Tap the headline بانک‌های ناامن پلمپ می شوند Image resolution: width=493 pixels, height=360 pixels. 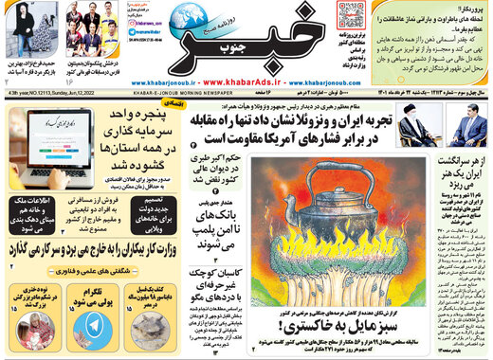coord(218,237)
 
